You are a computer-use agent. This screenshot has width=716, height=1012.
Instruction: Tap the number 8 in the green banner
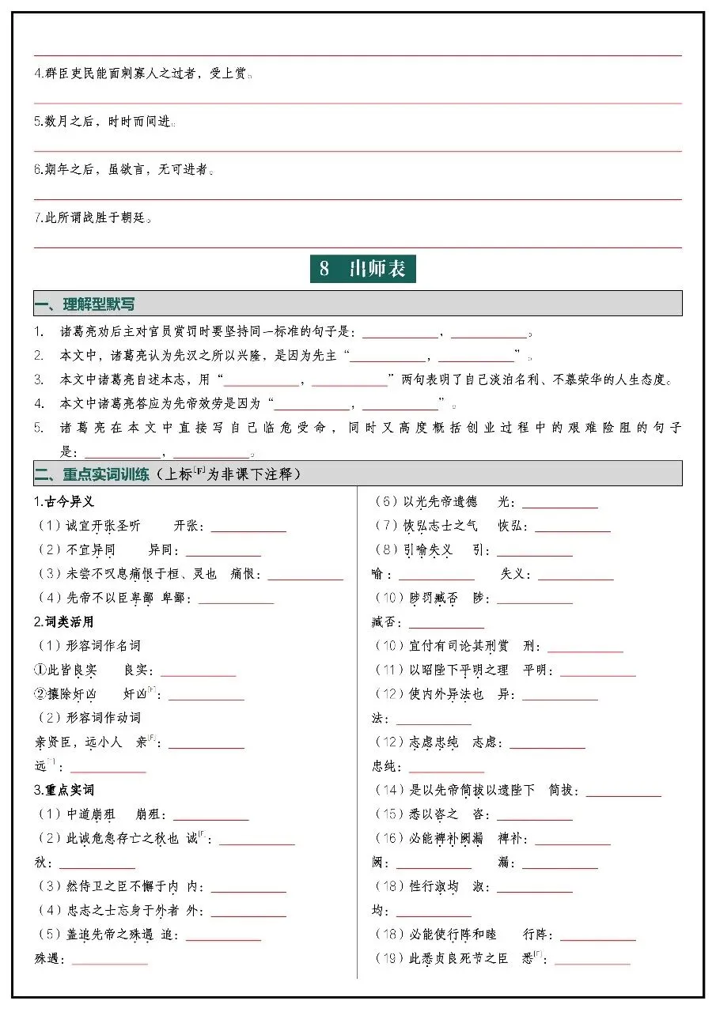point(324,269)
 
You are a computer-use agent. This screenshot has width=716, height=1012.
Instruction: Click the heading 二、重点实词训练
point(92,474)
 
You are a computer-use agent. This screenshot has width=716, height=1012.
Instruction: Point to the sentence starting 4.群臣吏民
point(142,74)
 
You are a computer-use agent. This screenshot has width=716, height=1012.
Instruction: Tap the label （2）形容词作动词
point(89,718)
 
